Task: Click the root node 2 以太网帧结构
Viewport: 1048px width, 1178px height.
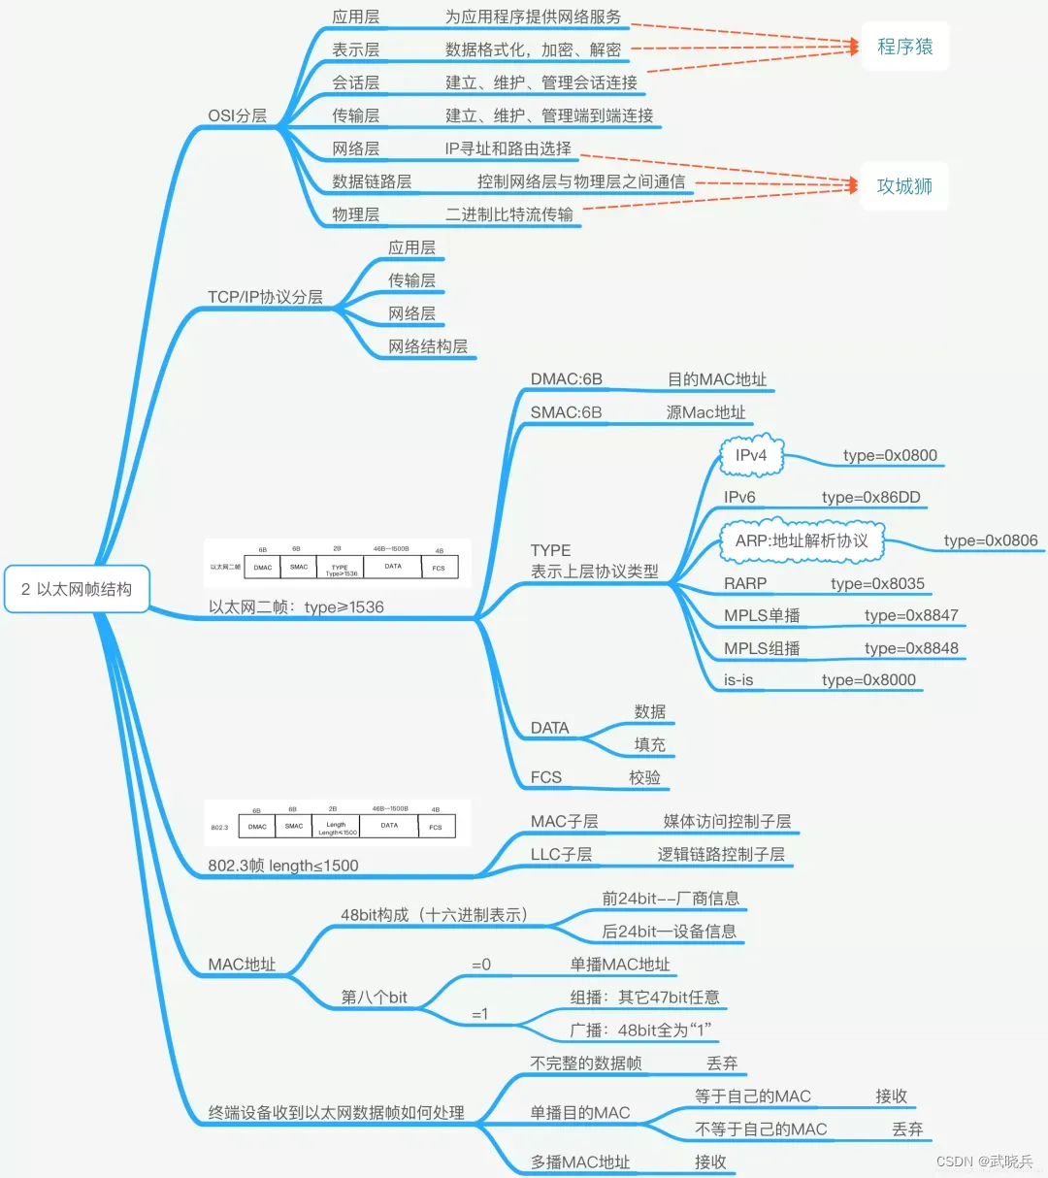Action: pos(77,589)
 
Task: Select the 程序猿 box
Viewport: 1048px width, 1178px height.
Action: pos(904,47)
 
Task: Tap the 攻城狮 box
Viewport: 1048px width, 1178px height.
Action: pos(904,186)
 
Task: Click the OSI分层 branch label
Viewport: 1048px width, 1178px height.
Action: pos(237,115)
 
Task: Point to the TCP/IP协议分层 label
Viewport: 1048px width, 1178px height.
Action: pos(265,297)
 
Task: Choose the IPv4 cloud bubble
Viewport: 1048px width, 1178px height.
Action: pos(751,455)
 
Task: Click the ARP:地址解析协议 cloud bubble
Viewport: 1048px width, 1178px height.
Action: pos(802,540)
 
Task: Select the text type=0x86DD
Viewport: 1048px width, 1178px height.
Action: pos(870,497)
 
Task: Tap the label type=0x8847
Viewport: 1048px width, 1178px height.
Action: pos(911,615)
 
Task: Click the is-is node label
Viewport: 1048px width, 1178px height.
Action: pos(738,680)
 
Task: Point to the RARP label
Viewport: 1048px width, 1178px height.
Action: pos(745,583)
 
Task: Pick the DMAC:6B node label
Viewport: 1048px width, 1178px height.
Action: pos(566,379)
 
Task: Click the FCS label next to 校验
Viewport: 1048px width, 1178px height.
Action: pos(546,777)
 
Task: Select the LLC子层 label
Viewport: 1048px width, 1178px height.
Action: pos(561,854)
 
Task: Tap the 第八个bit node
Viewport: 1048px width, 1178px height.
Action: pos(374,997)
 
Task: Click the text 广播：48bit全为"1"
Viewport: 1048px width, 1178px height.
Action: pos(641,1030)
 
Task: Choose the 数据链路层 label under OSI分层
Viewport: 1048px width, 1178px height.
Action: pos(372,181)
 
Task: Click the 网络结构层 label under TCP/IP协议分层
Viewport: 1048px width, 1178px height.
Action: pos(428,346)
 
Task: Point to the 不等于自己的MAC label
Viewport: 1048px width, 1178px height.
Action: pos(761,1129)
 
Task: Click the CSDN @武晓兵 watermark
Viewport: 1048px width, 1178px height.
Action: pos(984,1162)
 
